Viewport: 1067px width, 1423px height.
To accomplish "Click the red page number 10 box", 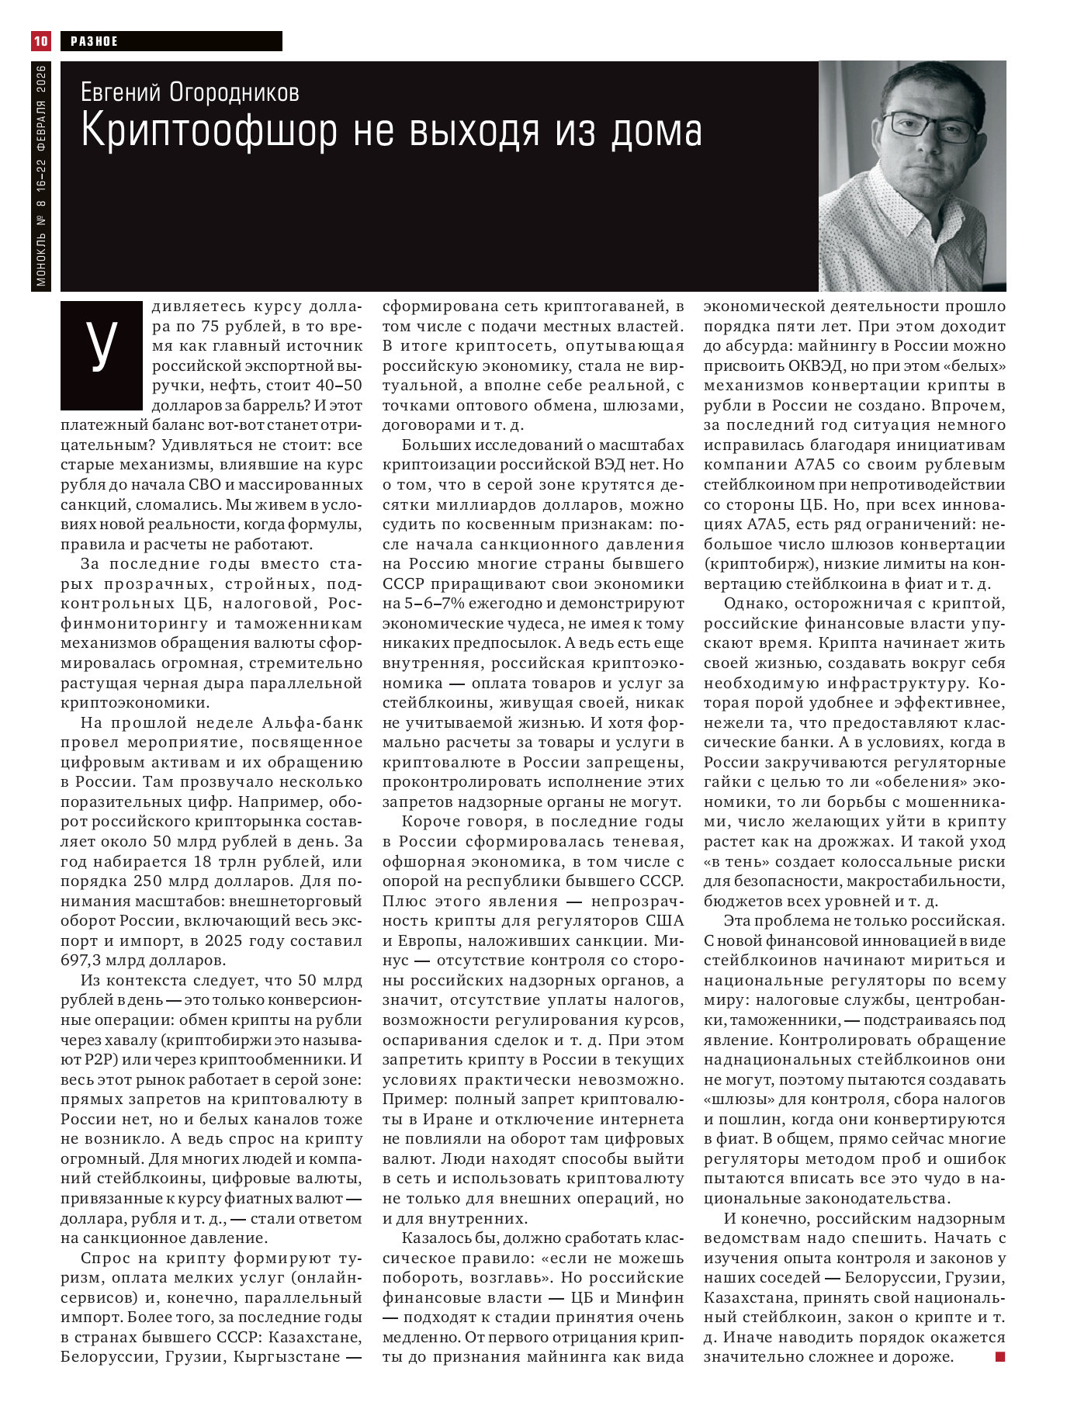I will (x=40, y=40).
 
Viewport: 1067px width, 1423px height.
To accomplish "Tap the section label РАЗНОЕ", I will (x=94, y=41).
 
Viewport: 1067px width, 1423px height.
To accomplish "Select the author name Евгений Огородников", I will (x=190, y=93).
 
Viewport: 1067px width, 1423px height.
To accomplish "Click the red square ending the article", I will (x=999, y=1356).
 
